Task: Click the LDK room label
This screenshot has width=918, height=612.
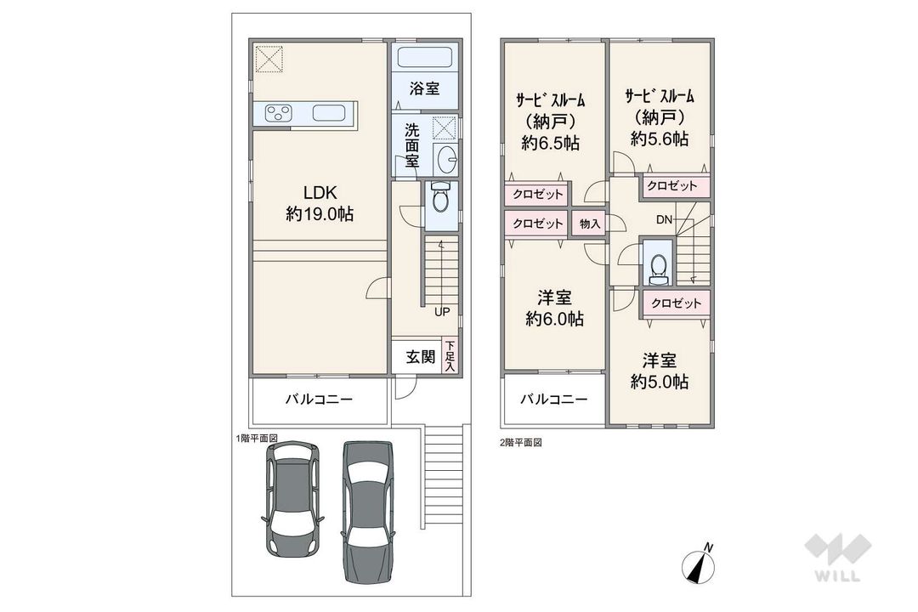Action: coord(320,192)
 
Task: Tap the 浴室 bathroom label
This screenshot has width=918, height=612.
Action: coord(424,89)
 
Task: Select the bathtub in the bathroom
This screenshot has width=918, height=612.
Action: coord(424,58)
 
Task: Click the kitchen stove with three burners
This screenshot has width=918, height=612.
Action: coord(279,112)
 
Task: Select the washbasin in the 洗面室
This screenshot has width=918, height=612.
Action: coord(448,159)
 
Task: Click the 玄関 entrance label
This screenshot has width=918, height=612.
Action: coord(421,356)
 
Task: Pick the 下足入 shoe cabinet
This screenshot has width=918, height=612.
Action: coord(450,356)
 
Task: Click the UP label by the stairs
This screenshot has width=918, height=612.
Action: coord(442,312)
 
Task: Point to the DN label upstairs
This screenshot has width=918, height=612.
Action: coord(664,220)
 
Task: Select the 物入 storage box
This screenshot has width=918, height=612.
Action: coord(590,224)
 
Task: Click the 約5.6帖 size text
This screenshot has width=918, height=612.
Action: coord(660,139)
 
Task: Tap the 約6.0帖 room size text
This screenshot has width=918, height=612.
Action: coord(554,320)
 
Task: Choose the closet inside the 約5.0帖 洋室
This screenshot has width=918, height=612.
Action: coord(676,303)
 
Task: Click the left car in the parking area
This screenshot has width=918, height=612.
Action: coord(292,498)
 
